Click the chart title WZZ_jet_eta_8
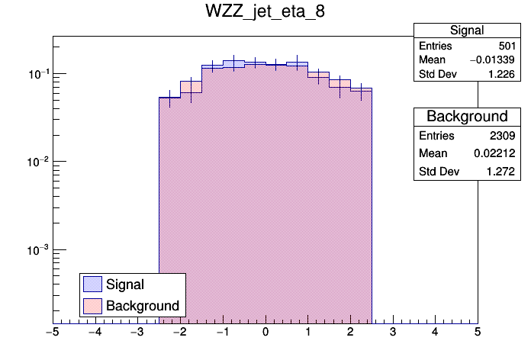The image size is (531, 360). (265, 13)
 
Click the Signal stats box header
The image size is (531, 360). (466, 31)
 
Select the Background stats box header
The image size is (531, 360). (466, 117)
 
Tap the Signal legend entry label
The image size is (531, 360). (125, 284)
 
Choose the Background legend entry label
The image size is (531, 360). (142, 306)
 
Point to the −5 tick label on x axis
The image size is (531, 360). (52, 333)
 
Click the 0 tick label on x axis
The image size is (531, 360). (265, 333)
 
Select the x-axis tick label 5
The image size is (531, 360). (477, 333)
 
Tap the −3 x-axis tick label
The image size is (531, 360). (137, 333)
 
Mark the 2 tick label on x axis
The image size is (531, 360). (349, 333)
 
